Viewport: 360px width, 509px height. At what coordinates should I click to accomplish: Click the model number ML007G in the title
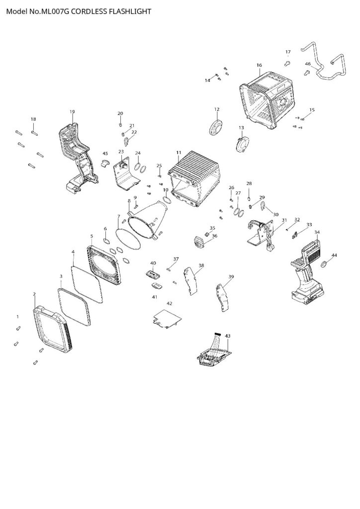coord(52,10)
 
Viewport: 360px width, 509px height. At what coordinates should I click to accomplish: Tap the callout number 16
coord(259,65)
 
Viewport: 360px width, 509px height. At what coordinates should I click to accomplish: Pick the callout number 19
coord(72,111)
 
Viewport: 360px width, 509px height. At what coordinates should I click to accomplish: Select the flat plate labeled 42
coord(166,319)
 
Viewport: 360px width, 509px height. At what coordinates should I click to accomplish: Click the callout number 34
coord(317,232)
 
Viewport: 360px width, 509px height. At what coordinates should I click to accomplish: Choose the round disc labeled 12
coord(216,127)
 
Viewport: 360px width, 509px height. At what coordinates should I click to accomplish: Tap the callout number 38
coord(201,266)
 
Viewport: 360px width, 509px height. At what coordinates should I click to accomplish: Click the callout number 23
coord(121,151)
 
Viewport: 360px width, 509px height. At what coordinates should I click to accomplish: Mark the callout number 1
coord(18,316)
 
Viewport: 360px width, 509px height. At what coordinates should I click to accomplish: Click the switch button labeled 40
coord(152,274)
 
